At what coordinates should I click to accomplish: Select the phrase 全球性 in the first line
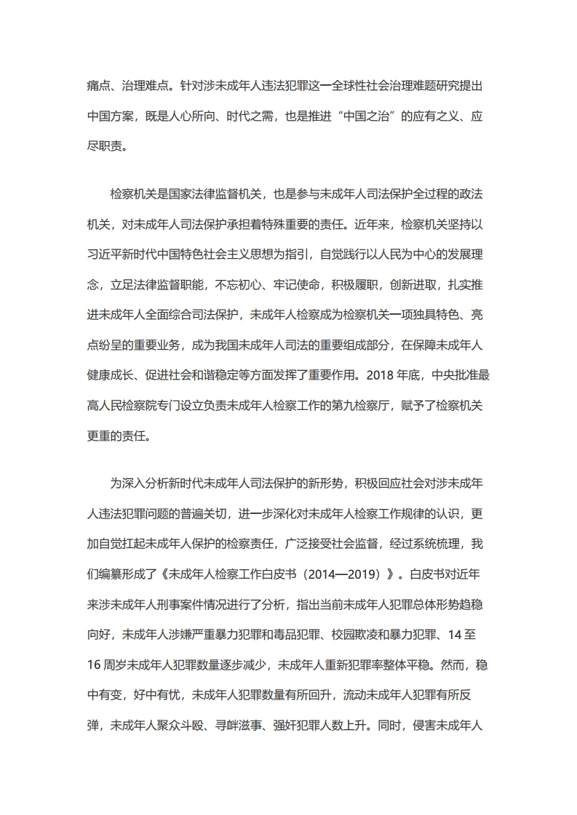point(338,84)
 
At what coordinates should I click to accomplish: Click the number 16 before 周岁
point(93,665)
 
